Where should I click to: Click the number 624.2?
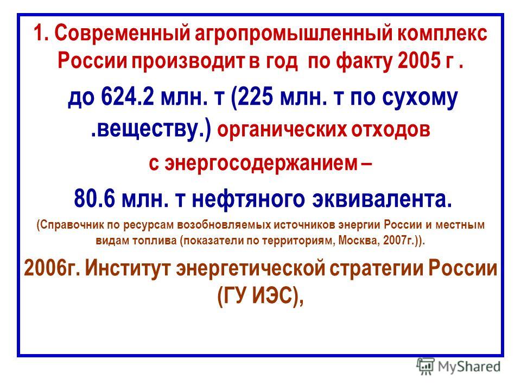click(128, 97)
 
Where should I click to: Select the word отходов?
click(391, 130)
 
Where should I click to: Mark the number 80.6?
click(94, 199)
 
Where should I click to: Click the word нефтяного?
click(248, 199)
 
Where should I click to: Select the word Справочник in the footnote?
click(72, 225)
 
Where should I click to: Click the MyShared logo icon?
click(425, 367)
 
